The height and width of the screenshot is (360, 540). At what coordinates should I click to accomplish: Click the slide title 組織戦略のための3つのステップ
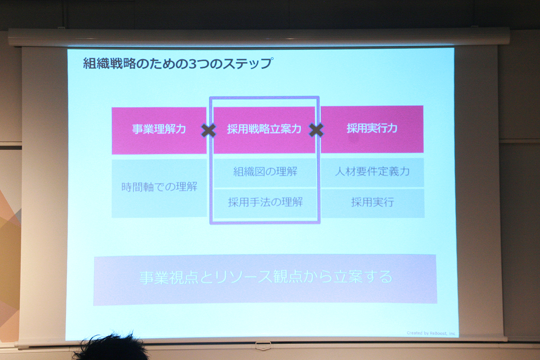178,63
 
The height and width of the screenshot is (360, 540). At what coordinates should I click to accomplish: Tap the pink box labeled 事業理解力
159,130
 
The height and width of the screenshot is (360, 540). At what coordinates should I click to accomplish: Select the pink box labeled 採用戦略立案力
264,130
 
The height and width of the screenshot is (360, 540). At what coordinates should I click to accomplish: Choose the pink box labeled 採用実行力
372,129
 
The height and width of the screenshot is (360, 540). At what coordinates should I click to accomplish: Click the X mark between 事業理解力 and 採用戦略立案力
208,130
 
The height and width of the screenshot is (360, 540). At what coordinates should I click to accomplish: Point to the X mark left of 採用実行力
316,130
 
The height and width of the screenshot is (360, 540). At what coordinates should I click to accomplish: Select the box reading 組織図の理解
265,173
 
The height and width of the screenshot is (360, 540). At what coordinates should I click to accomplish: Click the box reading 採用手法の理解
265,203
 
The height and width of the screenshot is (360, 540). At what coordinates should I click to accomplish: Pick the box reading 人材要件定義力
373,172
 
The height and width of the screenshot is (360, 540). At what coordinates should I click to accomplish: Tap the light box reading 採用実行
373,203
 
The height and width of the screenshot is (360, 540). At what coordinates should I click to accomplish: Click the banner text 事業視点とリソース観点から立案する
266,278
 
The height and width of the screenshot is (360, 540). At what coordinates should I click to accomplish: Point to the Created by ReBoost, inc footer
431,333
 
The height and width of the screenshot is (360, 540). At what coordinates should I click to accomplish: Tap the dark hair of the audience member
111,347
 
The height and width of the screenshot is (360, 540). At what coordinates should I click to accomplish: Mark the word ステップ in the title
248,63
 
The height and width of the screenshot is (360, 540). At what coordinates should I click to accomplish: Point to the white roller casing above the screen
259,37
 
